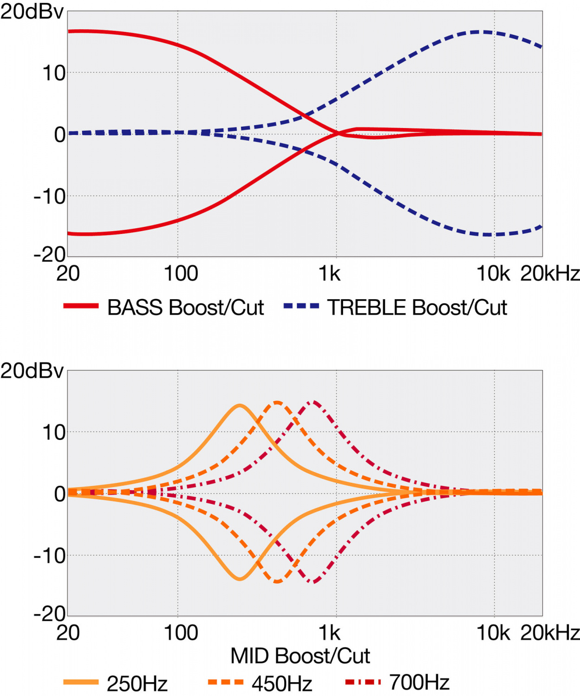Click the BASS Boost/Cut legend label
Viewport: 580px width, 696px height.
(185, 308)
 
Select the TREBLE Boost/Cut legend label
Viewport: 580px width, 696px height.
(417, 308)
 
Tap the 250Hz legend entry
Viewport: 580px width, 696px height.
(137, 683)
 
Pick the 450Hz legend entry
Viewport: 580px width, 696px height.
(282, 683)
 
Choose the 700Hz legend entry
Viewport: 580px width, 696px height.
(419, 682)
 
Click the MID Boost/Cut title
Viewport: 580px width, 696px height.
(300, 656)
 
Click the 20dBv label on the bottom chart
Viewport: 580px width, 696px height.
(32, 371)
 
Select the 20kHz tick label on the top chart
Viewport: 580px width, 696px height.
(550, 274)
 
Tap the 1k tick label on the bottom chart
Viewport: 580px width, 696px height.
(329, 633)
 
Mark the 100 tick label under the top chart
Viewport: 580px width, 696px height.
(181, 274)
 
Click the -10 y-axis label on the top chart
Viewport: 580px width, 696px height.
(49, 197)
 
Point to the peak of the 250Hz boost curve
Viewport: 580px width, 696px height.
(240, 406)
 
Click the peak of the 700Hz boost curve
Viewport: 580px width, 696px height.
(314, 402)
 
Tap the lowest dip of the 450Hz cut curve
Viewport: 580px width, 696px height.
(277, 581)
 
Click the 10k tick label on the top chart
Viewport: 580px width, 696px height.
(493, 274)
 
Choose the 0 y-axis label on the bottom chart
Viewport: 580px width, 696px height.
(60, 494)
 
